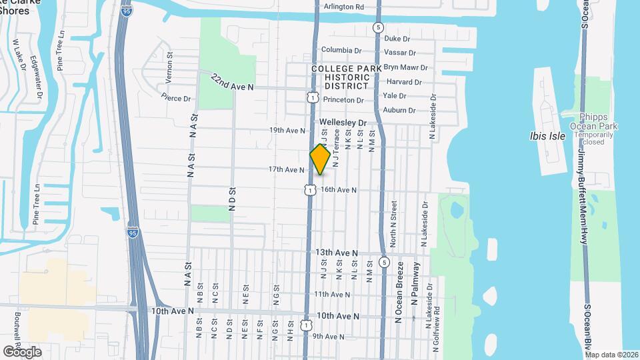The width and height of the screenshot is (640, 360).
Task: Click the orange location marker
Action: coord(321,159)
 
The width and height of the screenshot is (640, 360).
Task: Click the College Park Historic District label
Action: coord(347,77)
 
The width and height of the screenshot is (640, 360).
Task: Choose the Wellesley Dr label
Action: coord(343,123)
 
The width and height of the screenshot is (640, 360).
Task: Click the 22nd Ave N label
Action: coord(233,82)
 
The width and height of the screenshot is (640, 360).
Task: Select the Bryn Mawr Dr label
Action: coord(405,67)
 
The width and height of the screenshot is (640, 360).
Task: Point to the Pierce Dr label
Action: coord(176,98)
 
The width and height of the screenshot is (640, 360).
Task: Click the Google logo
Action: coord(22,351)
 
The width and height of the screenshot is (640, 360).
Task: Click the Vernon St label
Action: coord(170,64)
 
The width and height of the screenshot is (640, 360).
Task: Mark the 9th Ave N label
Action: coord(328,337)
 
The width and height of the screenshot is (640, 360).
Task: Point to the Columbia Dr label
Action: coord(341,50)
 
